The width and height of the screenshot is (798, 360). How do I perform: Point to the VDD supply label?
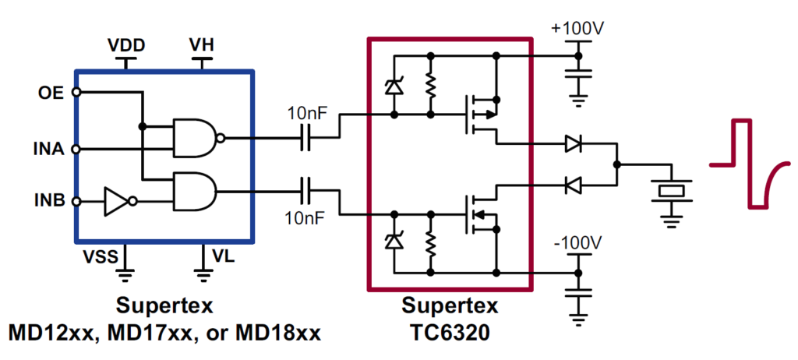125,45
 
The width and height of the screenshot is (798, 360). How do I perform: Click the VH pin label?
202,45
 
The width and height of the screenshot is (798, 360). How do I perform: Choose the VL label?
222,256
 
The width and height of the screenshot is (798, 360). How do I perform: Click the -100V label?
577,242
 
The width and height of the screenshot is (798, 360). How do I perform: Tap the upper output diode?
573,143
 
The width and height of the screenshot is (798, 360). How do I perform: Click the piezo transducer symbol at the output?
669,190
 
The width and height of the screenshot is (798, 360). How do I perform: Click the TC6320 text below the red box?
450,334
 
